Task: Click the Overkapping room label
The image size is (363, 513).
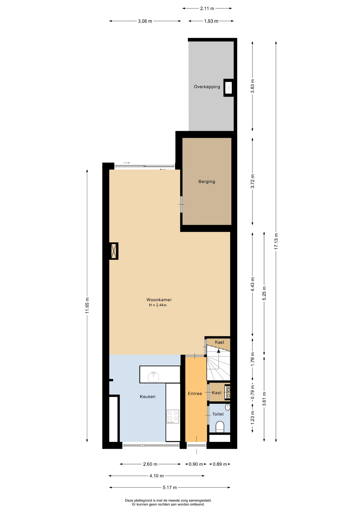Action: coord(207,87)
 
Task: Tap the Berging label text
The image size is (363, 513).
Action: coord(207,182)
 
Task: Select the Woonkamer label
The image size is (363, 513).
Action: coord(159,300)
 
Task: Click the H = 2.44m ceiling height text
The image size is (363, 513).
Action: coord(158,305)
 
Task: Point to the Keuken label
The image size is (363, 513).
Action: coord(148,397)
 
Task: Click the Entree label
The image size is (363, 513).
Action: coord(195,394)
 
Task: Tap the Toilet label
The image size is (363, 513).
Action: coord(218,414)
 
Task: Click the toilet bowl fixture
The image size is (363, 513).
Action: coord(220,427)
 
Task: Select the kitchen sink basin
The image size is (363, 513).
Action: coord(153,377)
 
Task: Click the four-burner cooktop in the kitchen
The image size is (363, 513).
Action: coord(173,417)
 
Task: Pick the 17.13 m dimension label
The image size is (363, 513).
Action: coord(276,241)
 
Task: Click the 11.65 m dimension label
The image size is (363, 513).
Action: coord(87,305)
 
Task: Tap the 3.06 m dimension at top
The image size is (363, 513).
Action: coord(145,21)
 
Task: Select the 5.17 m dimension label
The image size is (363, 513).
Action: coord(170,488)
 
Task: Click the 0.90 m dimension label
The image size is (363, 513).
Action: coord(196,464)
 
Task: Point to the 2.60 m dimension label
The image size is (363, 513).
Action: coord(150,464)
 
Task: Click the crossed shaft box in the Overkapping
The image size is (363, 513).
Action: coord(229,88)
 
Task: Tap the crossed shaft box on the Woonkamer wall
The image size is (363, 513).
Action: coord(114,251)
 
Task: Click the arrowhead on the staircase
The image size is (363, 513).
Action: coord(219,351)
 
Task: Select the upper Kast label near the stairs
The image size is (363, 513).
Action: coord(219,342)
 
